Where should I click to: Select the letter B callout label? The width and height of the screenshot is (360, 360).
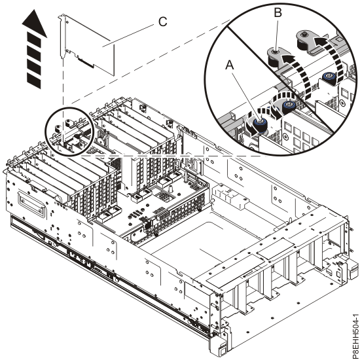click(x=278, y=12)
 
